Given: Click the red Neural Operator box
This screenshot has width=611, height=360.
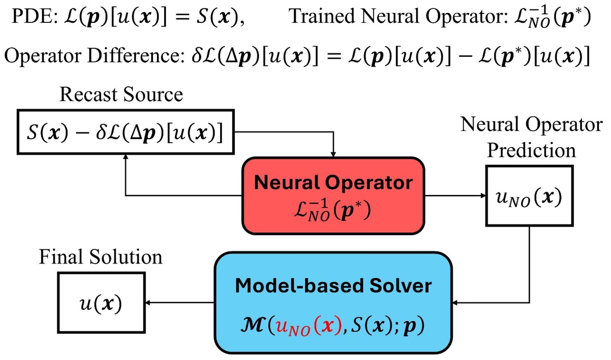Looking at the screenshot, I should [x=334, y=196].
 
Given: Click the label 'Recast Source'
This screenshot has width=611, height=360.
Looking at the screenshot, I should [x=121, y=95].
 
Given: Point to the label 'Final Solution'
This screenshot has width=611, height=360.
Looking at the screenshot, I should [x=100, y=257].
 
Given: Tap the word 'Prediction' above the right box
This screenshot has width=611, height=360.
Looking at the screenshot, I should [x=532, y=150].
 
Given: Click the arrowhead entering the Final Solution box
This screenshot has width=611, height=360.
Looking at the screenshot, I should [x=151, y=303].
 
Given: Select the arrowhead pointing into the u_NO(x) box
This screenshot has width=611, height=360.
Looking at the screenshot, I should [x=483, y=195].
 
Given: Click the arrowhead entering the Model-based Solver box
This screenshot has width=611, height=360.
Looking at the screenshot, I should [x=457, y=304].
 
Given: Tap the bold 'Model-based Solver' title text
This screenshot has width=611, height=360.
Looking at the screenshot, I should [x=334, y=286].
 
